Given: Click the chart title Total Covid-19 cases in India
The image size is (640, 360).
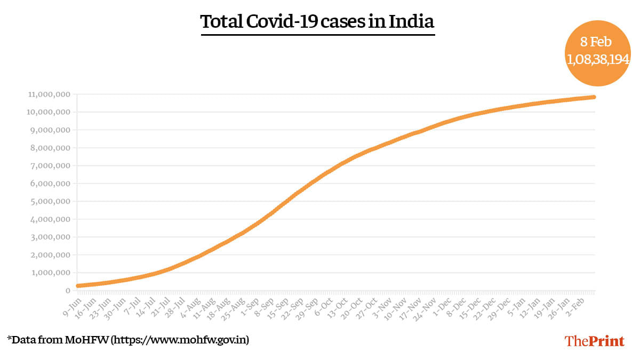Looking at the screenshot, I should click(317, 22).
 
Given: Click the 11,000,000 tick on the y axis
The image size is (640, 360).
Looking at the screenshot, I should click(49, 94).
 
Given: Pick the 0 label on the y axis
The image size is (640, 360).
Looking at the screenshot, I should click(68, 291).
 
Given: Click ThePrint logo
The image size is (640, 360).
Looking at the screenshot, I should click(594, 341).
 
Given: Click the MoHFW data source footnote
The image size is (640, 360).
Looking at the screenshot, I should click(128, 339).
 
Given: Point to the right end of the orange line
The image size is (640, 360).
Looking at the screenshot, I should click(593, 97).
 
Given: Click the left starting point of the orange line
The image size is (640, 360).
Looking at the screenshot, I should click(78, 286).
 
